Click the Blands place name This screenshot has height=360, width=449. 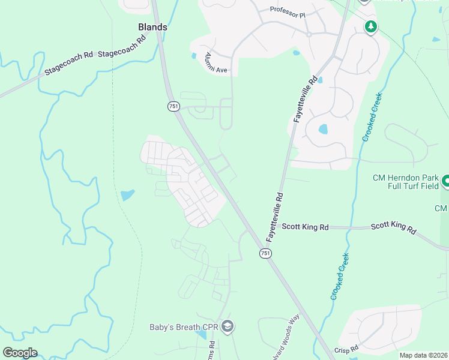pos(152,27)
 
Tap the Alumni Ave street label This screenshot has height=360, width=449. pos(214,63)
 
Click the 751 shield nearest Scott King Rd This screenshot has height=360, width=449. pos(265,254)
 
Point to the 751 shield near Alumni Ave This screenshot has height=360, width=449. pos(173,106)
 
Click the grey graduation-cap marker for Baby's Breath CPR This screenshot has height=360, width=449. pos(228,327)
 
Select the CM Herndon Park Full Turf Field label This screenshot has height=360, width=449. pos(406,182)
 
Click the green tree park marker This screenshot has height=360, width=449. pos(371,26)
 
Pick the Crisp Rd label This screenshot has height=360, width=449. pos(346,348)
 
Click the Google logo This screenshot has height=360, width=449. pos(20,353)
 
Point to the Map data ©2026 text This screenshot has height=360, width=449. pos(423,355)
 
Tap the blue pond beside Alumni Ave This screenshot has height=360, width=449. pos(194,56)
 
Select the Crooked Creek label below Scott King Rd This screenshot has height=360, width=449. pos(340,277)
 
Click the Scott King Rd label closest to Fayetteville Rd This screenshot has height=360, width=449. pos(306,227)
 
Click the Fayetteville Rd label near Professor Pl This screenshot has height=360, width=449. pos(305,100)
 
